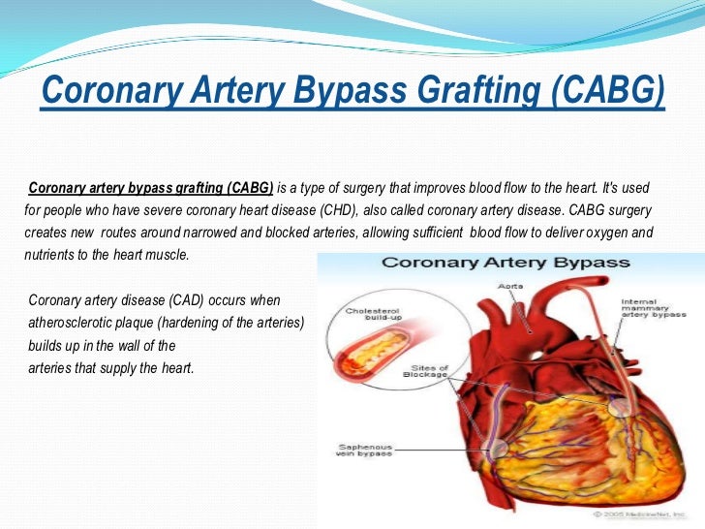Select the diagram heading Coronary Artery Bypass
coord(506,263)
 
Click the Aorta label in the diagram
coord(509,288)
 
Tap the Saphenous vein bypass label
coord(363,452)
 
